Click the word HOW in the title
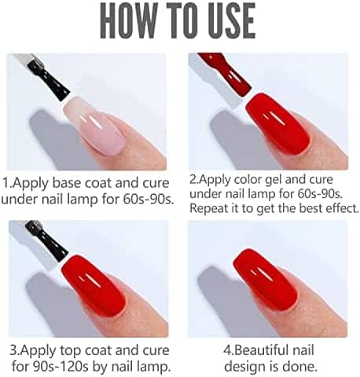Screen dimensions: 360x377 [x=127, y=21]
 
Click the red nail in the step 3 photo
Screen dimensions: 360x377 [x=94, y=285]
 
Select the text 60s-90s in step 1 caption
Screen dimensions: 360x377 [x=149, y=199]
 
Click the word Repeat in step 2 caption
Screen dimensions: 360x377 [x=208, y=209]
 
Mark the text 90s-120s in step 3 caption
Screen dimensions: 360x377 [x=57, y=366]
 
